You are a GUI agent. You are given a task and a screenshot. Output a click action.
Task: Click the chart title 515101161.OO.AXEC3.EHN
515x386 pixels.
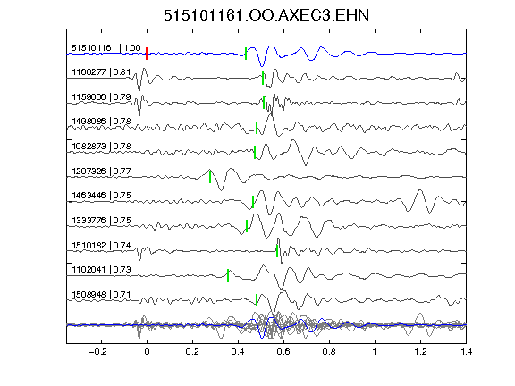[x=266, y=15]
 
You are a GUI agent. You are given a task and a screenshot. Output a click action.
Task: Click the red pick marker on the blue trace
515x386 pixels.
[x=147, y=54]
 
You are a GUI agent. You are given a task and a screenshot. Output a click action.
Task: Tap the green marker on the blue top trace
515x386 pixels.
[x=246, y=54]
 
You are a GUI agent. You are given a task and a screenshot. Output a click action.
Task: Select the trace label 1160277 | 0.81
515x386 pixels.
[x=101, y=71]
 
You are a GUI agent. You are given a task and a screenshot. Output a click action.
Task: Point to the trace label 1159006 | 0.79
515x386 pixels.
[x=101, y=97]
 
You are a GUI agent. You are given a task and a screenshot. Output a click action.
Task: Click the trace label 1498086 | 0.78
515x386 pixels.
[x=101, y=122]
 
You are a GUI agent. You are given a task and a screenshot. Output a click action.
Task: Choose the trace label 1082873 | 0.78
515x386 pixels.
[x=101, y=146]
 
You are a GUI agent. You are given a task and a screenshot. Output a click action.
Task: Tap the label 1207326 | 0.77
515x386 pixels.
[x=101, y=171]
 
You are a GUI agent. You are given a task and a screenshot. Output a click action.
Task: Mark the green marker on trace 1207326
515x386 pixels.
[x=210, y=177]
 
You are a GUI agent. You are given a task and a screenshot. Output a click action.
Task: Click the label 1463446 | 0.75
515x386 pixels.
[x=101, y=196]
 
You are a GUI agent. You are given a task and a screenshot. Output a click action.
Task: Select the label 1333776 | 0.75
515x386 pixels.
[x=101, y=220]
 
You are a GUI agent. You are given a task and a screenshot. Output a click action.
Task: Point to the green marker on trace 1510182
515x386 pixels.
[x=277, y=251]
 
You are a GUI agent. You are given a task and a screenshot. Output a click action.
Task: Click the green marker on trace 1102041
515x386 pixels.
[x=228, y=276]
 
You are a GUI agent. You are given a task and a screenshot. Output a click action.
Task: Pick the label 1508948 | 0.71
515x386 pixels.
[x=101, y=295]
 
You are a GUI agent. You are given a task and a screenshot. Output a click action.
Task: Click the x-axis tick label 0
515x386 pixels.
[x=147, y=352]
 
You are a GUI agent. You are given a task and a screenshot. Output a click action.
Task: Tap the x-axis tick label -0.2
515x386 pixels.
[x=98, y=352]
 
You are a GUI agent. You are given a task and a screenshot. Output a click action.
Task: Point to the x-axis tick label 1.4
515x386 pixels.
[x=466, y=352]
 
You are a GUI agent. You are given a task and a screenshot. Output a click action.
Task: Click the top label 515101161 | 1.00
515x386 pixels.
[x=106, y=48]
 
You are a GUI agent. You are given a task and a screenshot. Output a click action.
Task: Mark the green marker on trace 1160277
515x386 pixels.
[x=263, y=79]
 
